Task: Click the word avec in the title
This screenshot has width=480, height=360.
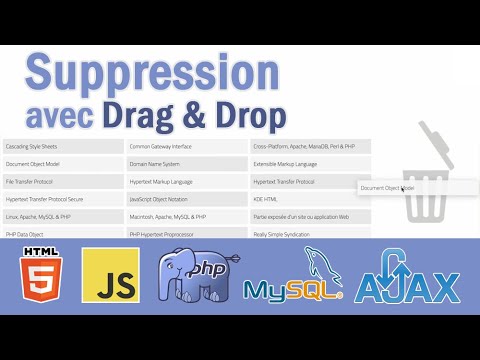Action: [62, 117]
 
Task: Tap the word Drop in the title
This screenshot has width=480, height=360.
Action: [245, 115]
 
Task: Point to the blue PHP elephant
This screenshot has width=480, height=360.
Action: [191, 275]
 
